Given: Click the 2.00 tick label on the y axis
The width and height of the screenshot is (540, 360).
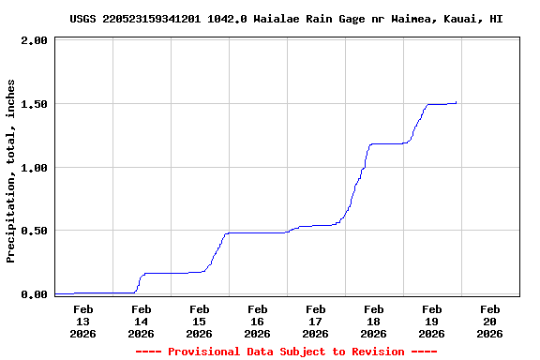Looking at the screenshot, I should click(x=34, y=41).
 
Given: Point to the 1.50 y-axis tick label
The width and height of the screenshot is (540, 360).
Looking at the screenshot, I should click(x=34, y=104).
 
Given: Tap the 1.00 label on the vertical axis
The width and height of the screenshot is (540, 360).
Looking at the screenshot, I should click(x=34, y=168).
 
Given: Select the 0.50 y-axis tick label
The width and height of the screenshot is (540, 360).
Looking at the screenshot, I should click(x=34, y=231).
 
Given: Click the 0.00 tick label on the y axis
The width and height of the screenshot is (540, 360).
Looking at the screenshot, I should click(x=34, y=294).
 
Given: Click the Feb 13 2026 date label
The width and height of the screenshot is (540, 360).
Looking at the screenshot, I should click(x=82, y=321).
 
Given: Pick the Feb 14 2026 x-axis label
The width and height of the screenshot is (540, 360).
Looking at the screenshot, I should click(x=141, y=321).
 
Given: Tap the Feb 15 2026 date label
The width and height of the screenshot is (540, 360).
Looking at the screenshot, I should click(x=199, y=321).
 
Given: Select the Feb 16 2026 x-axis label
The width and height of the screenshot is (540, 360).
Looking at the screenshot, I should click(x=257, y=321).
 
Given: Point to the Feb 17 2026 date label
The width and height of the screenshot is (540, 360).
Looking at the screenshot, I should click(x=315, y=321).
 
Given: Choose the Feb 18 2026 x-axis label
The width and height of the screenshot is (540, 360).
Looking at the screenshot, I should click(x=373, y=321).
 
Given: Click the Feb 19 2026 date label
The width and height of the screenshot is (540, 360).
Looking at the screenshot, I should click(x=431, y=321).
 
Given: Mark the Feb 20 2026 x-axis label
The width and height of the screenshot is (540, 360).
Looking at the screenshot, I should click(x=489, y=321).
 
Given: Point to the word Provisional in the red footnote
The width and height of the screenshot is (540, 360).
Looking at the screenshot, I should click(x=203, y=352).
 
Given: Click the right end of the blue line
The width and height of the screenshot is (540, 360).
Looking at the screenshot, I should click(x=457, y=102).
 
